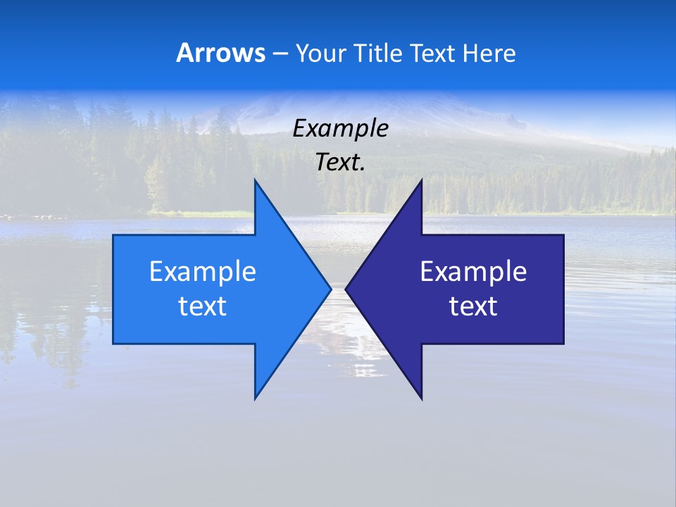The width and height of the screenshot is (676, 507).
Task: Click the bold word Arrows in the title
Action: tap(220, 53)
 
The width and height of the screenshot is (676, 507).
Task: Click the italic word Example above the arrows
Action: tap(340, 129)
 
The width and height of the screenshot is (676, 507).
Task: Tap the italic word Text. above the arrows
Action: tap(340, 162)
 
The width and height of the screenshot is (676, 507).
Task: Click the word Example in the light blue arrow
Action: tap(202, 271)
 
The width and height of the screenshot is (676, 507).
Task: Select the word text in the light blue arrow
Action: tap(202, 306)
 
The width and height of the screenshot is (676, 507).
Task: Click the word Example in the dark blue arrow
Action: tap(473, 271)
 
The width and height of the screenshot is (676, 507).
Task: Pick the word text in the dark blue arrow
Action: tap(473, 306)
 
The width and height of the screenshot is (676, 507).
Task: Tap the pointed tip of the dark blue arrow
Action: tap(346, 289)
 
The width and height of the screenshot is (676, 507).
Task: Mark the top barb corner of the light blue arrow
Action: tap(256, 182)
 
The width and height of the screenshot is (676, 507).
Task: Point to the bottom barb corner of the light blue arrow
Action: tap(256, 398)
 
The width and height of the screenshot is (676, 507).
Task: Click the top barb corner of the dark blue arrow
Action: tap(421, 182)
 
